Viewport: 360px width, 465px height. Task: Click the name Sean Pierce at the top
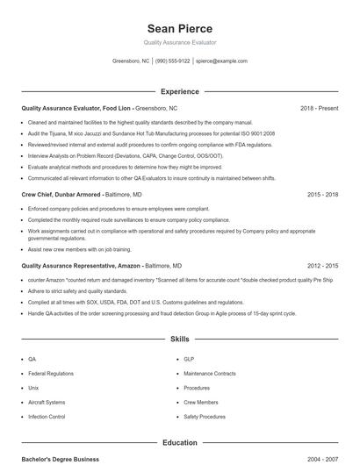point(179,28)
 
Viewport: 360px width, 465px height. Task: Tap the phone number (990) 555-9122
point(172,61)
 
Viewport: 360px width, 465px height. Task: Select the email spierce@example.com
point(221,61)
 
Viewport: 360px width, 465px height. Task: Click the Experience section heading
point(179,91)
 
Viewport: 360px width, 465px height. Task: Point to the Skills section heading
point(179,338)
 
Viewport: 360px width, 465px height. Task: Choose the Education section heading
point(179,443)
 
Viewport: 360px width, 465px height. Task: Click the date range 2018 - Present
point(319,108)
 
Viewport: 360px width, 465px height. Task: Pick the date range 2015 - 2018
point(322,194)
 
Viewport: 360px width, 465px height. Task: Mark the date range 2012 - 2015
point(322,265)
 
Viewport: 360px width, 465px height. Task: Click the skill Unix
point(33,388)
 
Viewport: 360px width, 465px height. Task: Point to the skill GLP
point(188,359)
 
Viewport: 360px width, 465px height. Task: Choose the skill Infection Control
point(47,417)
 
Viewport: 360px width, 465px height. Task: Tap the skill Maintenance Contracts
point(210,374)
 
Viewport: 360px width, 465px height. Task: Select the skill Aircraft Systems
point(46,403)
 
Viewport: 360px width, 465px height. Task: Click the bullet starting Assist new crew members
point(77,249)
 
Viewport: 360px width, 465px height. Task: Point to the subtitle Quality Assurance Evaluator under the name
point(179,42)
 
